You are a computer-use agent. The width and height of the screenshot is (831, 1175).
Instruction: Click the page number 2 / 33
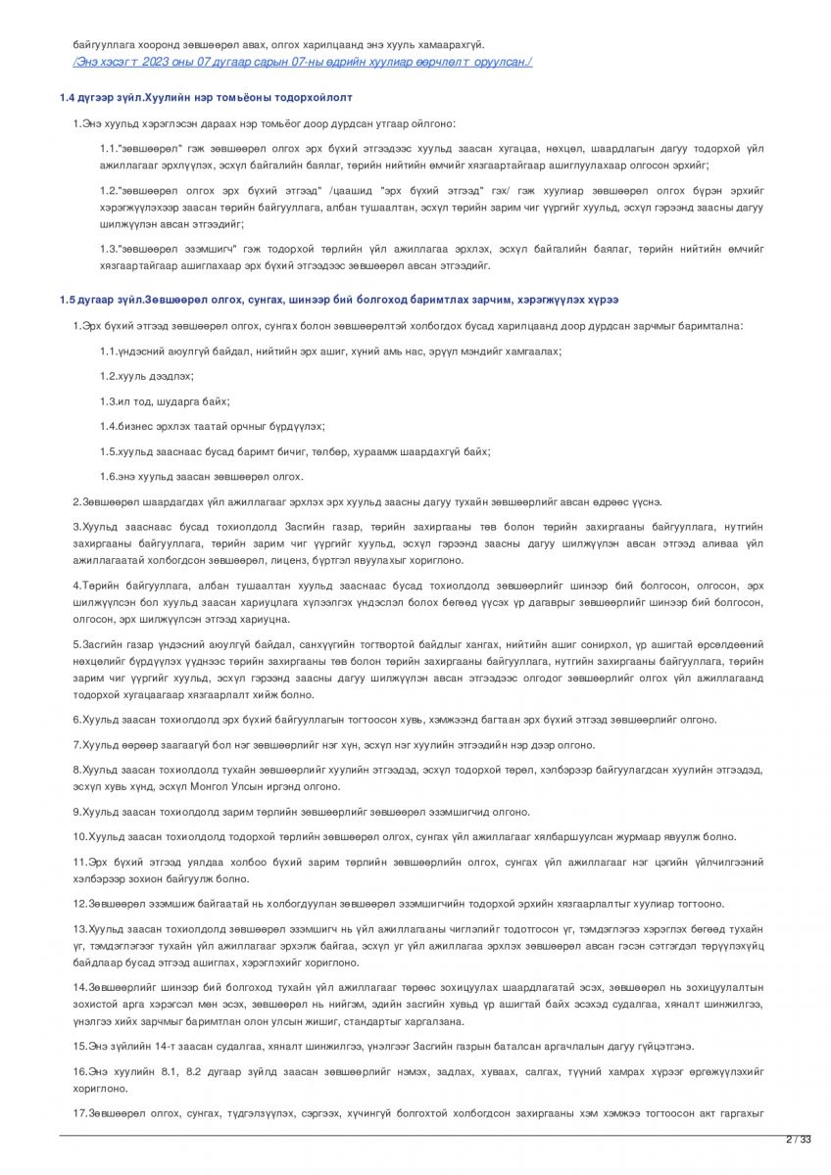800,1139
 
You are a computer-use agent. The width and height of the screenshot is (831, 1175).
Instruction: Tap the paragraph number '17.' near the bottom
80,1114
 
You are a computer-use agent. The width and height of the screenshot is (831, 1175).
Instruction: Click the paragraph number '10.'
80,836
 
